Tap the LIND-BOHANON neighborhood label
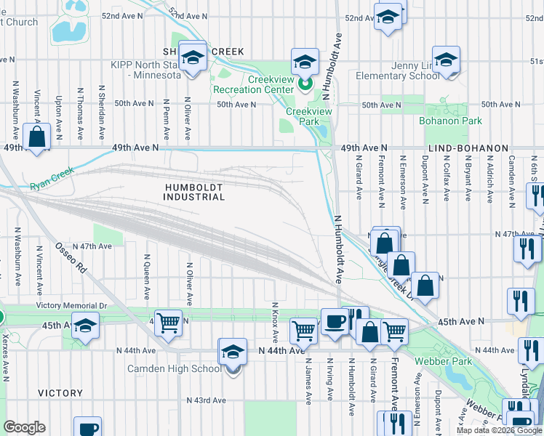[468, 148]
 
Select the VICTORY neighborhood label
[60, 393]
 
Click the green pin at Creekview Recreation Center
[305, 84]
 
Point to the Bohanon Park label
[450, 121]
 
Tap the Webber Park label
[443, 361]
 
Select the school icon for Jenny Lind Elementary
[446, 60]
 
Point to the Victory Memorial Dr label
[73, 307]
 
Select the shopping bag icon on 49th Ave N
[36, 137]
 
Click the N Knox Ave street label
[275, 323]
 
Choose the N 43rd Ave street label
[207, 400]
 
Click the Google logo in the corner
[25, 427]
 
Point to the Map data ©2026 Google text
[498, 430]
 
